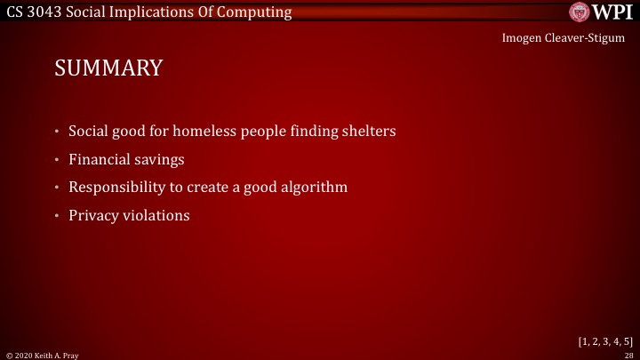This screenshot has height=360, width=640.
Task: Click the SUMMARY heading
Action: click(x=108, y=68)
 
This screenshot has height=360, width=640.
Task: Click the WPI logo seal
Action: click(x=580, y=12)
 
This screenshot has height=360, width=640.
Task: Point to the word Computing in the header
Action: click(x=257, y=12)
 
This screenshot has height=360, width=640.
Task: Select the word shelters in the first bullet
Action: click(x=366, y=132)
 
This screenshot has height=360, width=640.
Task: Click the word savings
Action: click(x=160, y=160)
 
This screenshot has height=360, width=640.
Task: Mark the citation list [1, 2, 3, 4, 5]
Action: click(x=604, y=340)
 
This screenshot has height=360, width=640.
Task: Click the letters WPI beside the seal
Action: click(x=612, y=12)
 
